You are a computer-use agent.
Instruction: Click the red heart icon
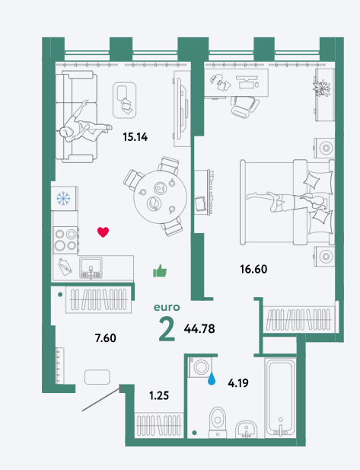tap(103, 232)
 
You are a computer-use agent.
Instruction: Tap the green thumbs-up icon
tap(160, 271)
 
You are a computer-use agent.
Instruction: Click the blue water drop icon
tap(212, 379)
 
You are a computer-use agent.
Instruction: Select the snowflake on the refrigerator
tap(63, 198)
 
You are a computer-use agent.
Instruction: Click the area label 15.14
tap(135, 137)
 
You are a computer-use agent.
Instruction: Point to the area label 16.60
tap(253, 269)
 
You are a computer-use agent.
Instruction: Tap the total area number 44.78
tap(199, 329)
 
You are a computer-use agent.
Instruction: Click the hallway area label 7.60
tap(106, 338)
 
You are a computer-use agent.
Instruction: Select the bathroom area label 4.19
tap(238, 383)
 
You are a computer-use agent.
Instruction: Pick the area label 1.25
tap(159, 395)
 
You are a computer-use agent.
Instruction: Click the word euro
tap(167, 308)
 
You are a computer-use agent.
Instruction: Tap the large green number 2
tap(167, 329)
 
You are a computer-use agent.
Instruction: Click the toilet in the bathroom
tap(218, 422)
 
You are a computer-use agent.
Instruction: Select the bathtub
tap(280, 397)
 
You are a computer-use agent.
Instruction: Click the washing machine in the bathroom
tap(200, 367)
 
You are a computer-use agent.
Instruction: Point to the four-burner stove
tap(66, 240)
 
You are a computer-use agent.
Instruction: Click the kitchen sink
tap(91, 268)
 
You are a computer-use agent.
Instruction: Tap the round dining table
tap(161, 197)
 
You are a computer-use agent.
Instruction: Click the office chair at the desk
tap(244, 107)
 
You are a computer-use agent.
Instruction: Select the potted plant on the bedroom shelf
tap(322, 88)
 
